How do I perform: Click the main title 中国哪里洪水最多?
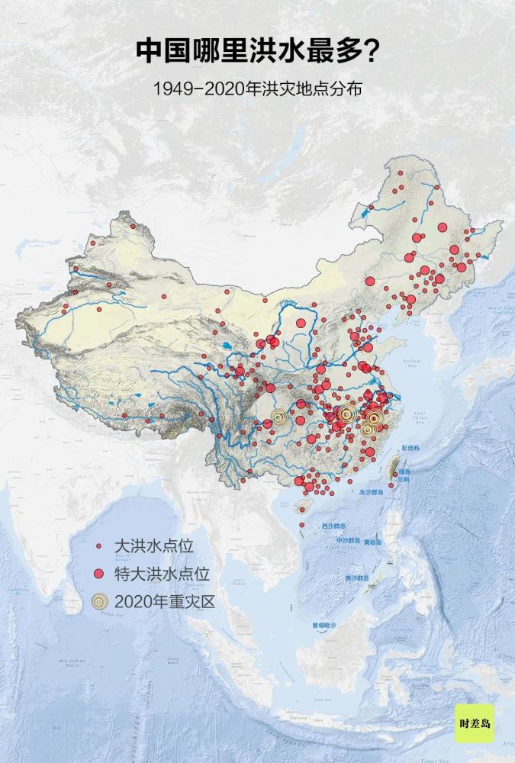click(257, 51)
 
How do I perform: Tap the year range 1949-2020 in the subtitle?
click(197, 89)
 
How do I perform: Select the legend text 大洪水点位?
click(155, 546)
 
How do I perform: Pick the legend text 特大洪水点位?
click(162, 573)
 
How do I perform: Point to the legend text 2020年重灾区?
click(165, 600)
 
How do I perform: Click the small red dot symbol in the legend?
click(98, 547)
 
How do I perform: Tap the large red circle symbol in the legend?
click(98, 574)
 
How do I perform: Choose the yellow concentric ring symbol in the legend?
click(98, 601)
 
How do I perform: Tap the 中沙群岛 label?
click(347, 541)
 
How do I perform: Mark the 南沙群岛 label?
click(358, 577)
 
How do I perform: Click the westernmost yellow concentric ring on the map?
click(279, 417)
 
